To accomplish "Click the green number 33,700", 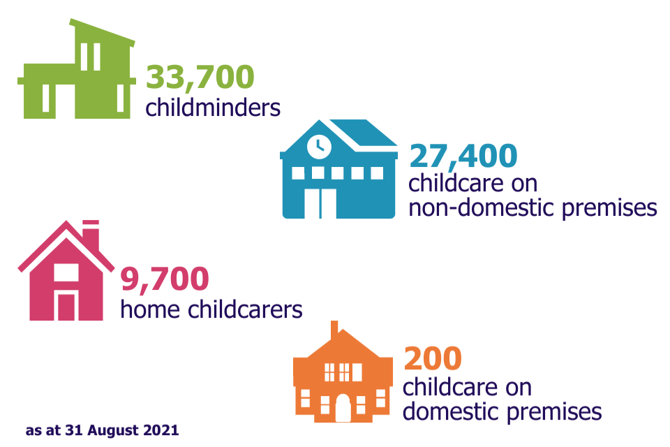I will point(200,77).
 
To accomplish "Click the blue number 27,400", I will point(463,156).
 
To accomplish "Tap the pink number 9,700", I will point(165,279).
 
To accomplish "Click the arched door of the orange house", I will point(343,408).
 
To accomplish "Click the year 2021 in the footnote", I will point(163,430).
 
